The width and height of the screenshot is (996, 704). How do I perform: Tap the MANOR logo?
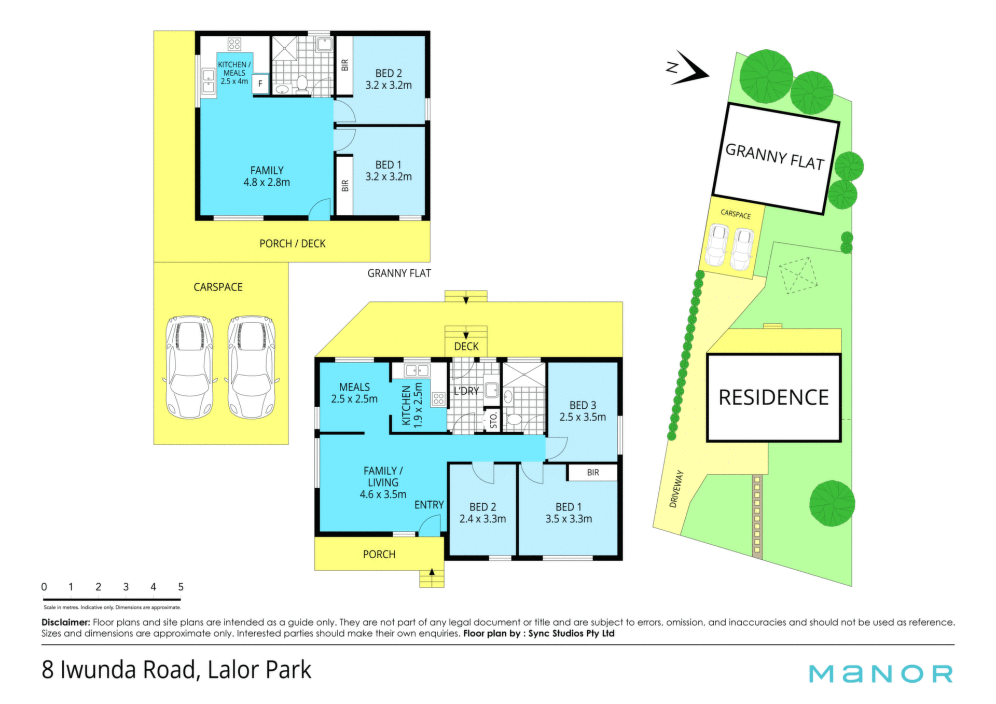click(x=881, y=673)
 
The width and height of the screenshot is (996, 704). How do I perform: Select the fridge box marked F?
click(x=260, y=84)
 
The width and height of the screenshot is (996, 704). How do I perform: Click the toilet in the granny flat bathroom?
click(x=302, y=85)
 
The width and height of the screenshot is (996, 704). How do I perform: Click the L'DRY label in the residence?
click(x=466, y=391)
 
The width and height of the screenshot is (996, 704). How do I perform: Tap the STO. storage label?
click(x=493, y=420)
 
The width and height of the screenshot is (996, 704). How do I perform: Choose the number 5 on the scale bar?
click(x=181, y=587)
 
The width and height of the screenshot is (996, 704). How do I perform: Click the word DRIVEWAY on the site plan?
click(x=676, y=489)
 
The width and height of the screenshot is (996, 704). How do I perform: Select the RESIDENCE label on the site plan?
click(x=773, y=397)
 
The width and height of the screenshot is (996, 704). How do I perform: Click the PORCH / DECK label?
click(x=293, y=243)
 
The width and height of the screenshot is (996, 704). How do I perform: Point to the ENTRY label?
click(x=429, y=505)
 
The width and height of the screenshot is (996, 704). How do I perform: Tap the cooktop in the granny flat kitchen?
click(x=234, y=44)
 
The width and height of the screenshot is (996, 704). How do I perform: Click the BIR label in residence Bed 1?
click(x=593, y=473)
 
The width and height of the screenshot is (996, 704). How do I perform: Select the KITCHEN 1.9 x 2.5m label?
click(x=412, y=405)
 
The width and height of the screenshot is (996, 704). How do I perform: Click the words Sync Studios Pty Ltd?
click(x=571, y=633)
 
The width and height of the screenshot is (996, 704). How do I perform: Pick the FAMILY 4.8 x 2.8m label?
click(x=267, y=176)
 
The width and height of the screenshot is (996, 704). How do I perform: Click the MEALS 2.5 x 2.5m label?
click(x=354, y=393)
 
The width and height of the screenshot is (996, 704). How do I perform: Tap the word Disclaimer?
click(x=66, y=622)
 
